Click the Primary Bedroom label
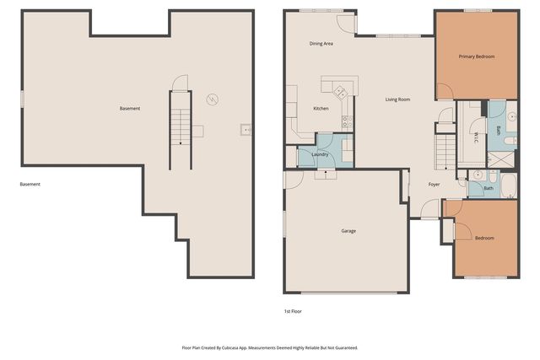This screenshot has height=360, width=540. (x=477, y=56)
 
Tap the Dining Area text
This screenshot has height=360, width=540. (x=321, y=43)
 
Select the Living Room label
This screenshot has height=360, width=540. (x=397, y=99)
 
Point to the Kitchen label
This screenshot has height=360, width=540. (x=321, y=109)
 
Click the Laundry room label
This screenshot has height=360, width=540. (x=320, y=154)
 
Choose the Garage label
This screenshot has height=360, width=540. (x=348, y=230)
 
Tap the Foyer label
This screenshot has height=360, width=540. (x=434, y=184)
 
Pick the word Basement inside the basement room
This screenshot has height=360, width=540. (x=129, y=109)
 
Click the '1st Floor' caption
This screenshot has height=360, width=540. (x=293, y=311)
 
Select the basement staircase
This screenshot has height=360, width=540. (x=181, y=126)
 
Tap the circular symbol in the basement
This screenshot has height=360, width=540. (x=213, y=99)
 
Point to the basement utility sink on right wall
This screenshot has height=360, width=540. (x=246, y=129)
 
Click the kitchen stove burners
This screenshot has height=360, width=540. (x=345, y=122)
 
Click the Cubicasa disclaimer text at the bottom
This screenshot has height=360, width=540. (x=270, y=347)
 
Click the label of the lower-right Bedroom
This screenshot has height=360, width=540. (x=484, y=238)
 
